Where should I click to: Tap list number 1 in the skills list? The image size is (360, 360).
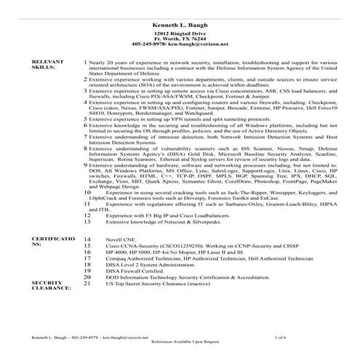point(87,63)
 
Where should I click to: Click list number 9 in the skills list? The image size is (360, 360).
point(87,166)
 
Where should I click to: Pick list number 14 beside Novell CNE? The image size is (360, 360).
point(88,238)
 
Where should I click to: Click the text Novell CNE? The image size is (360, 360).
point(121,238)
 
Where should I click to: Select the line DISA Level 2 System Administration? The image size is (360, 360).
point(150,264)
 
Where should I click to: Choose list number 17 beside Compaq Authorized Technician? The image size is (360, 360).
point(88,257)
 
